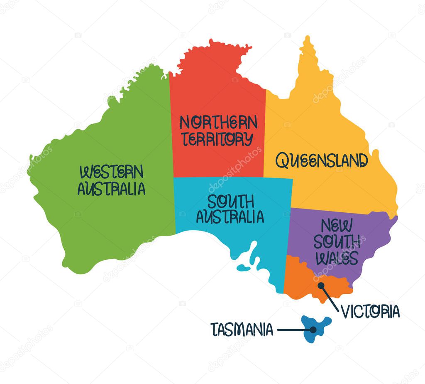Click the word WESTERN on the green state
(x=111, y=172)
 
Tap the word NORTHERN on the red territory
(x=218, y=122)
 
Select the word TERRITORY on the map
(x=218, y=139)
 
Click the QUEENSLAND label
(x=322, y=160)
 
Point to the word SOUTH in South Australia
(x=231, y=202)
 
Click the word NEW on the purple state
(x=337, y=226)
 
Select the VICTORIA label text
(x=370, y=311)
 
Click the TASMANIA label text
(x=242, y=330)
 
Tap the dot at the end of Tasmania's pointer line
(x=313, y=330)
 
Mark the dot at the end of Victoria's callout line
(x=321, y=286)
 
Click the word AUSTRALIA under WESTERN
(x=111, y=189)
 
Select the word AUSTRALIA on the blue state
(x=230, y=217)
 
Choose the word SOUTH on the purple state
(x=337, y=242)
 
